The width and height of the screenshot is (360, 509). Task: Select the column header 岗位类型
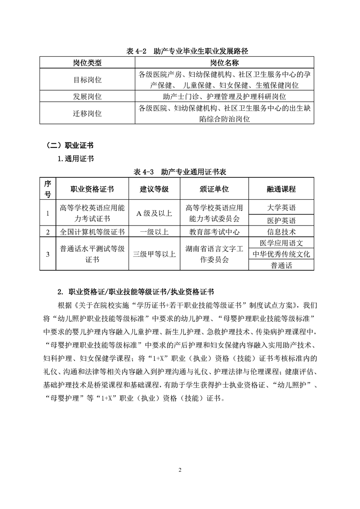coord(88,62)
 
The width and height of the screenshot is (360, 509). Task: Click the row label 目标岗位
coord(88,79)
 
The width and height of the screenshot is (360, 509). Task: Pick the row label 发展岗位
coord(88,97)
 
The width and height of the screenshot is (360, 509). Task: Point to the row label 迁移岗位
coord(88,113)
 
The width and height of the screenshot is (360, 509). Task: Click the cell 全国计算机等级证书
coord(92,232)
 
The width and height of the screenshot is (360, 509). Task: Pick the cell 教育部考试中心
coord(214,232)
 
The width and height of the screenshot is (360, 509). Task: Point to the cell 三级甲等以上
coord(154,254)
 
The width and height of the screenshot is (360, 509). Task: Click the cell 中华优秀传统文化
coord(281,254)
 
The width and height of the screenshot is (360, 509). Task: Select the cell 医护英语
coord(281,220)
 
